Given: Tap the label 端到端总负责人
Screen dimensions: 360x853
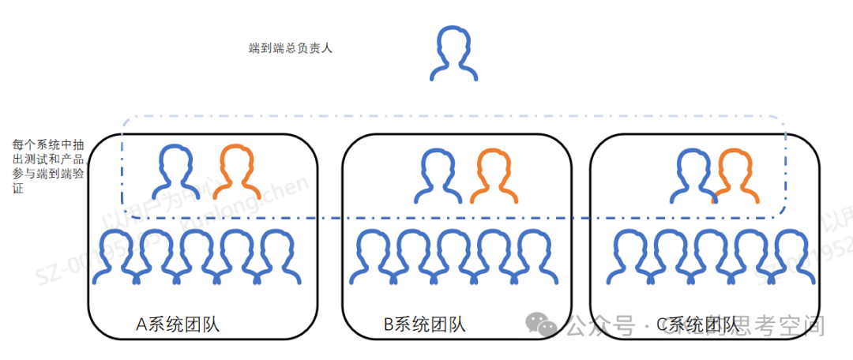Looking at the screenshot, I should (x=290, y=49).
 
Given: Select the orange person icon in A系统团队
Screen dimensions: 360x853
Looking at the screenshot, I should (x=238, y=171).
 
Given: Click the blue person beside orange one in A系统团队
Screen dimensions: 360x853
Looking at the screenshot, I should (x=178, y=171).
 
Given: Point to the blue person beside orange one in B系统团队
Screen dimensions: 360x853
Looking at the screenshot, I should (x=437, y=176).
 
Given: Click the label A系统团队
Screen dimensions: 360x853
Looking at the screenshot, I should (x=178, y=324).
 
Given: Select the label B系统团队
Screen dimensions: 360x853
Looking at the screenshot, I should (x=424, y=324).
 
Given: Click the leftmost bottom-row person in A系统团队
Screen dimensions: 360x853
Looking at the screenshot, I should (x=115, y=257).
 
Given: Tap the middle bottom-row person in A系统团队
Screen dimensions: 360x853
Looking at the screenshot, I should (x=197, y=257).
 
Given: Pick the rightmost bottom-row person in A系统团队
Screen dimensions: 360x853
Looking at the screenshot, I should (x=280, y=257).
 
